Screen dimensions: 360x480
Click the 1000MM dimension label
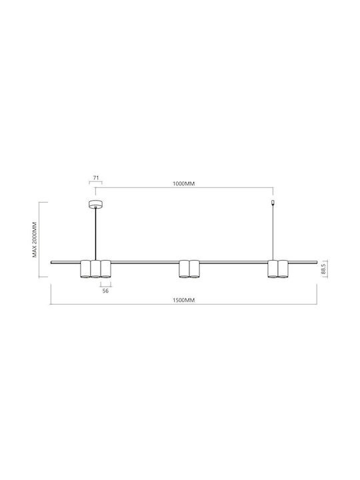tap(184, 184)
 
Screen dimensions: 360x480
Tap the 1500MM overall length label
tap(184, 300)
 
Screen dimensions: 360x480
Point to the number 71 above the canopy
tap(96, 177)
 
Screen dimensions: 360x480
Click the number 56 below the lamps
tap(105, 291)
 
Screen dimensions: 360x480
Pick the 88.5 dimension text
tap(323, 269)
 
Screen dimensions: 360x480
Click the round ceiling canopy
tap(95, 204)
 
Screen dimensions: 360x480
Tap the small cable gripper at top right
tap(273, 203)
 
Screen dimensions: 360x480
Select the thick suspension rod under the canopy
tap(96, 234)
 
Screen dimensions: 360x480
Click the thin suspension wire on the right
tap(273, 233)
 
